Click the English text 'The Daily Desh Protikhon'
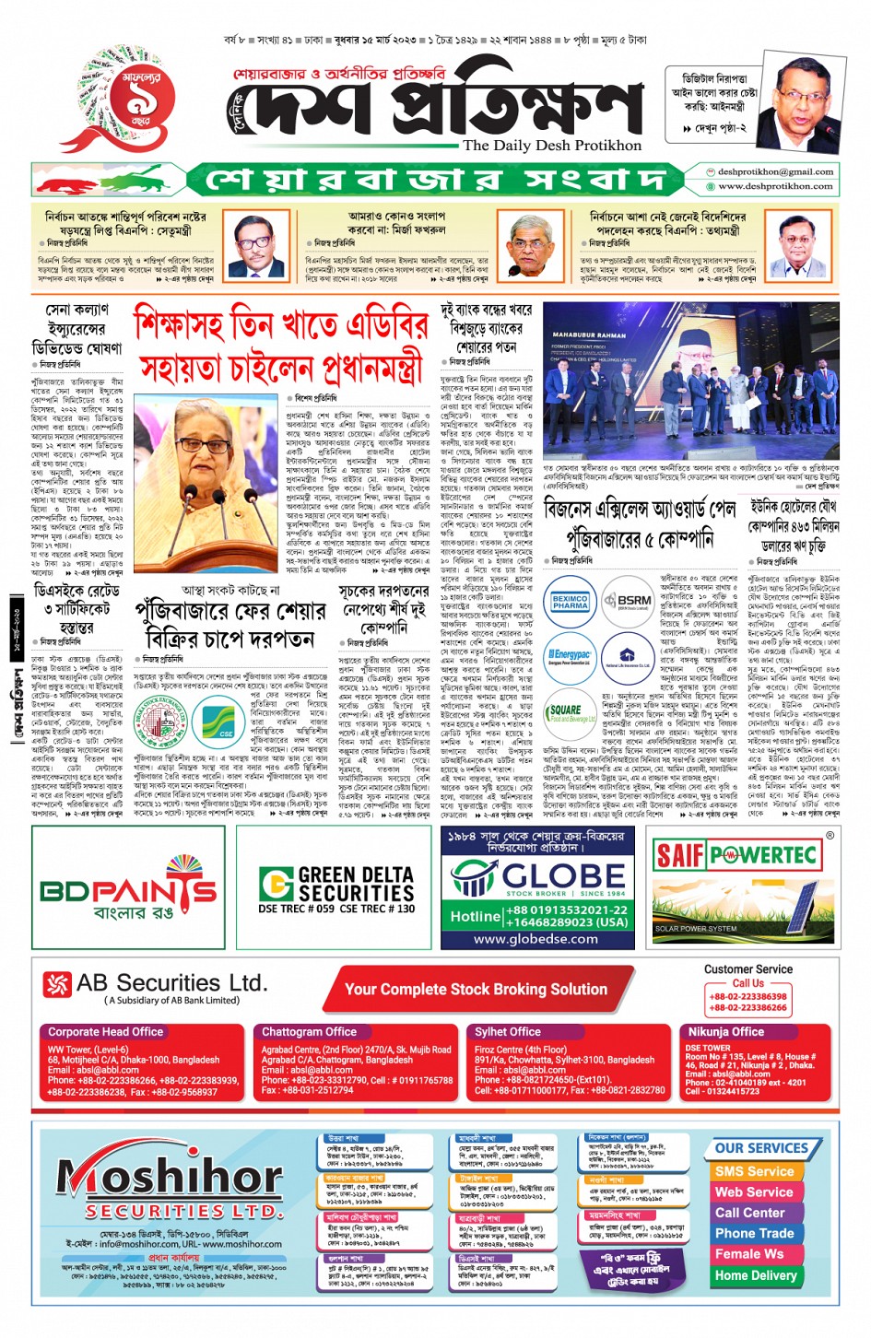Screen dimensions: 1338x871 551,145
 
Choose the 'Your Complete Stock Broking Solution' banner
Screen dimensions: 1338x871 476,990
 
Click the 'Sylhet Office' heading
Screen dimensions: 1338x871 508,1032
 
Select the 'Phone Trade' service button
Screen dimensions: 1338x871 755,1233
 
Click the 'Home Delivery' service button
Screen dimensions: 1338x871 756,1275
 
